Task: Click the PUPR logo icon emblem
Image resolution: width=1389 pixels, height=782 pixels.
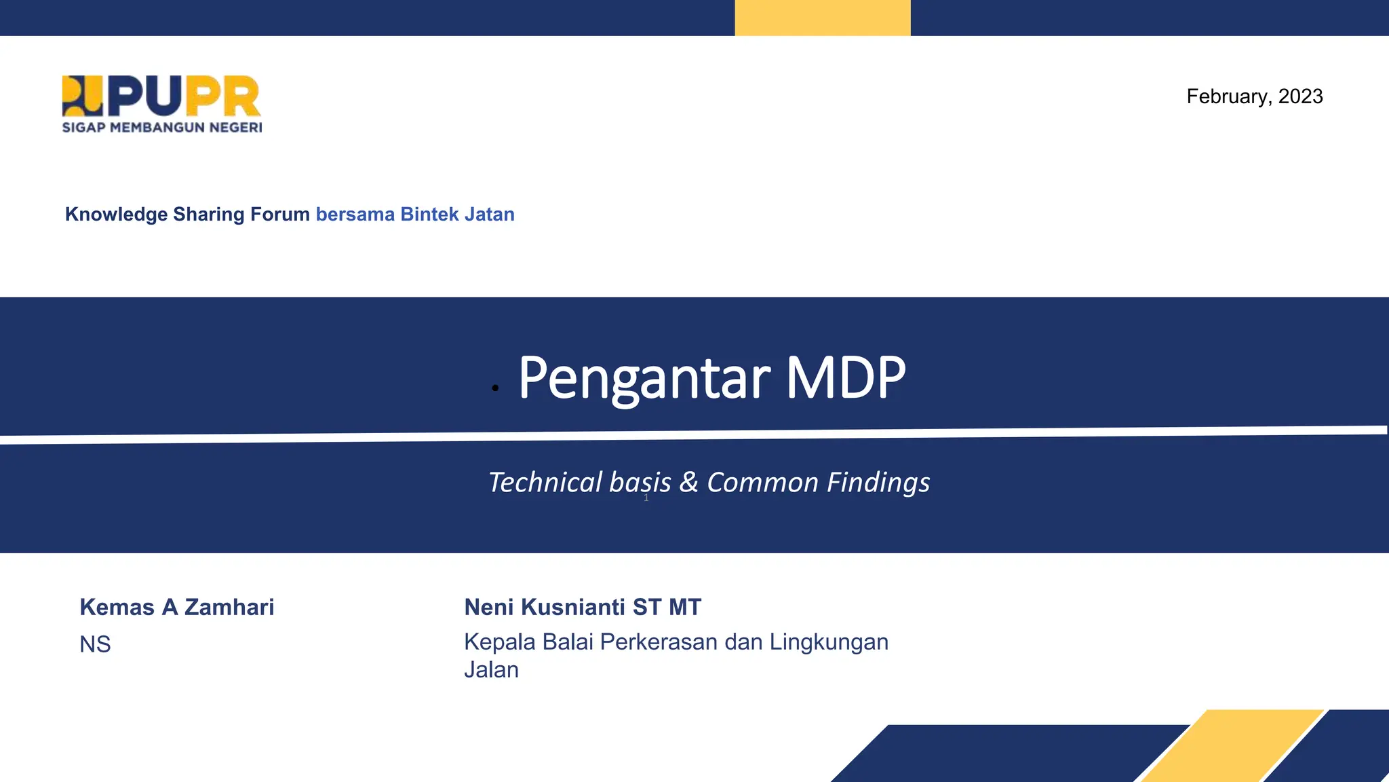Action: coord(82,96)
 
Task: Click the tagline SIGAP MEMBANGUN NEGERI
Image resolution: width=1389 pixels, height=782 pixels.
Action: coord(161,128)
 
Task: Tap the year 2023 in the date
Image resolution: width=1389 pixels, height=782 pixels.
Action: coord(1300,96)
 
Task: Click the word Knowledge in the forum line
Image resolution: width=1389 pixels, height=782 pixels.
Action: coord(116,215)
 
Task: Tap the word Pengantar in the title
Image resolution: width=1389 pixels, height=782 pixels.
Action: coord(644,378)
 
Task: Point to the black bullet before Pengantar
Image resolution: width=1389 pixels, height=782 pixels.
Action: coord(496,388)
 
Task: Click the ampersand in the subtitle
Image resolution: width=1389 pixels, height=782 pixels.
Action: coord(688,483)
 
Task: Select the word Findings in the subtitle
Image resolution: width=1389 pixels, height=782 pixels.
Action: coord(878,483)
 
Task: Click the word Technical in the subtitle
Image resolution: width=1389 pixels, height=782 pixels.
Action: coord(545,483)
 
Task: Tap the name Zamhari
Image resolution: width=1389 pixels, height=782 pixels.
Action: coord(229,607)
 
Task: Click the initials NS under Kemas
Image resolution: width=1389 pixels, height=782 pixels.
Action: coord(95,644)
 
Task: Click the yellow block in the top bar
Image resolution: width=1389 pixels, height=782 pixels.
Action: coord(822,18)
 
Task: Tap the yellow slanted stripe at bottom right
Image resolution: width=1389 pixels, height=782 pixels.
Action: coord(1231,747)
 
